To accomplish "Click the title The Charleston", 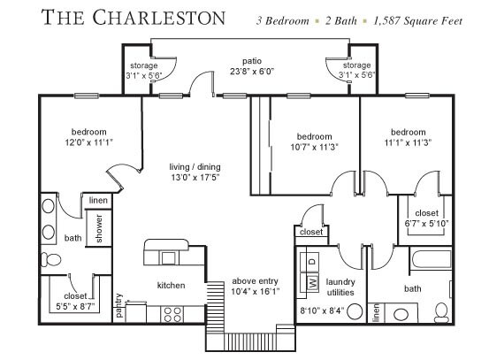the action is point(134,17).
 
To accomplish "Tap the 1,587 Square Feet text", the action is point(418,21).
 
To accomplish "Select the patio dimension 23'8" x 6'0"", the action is point(252,72).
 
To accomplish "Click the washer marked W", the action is point(313,283).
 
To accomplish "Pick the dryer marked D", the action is point(313,261).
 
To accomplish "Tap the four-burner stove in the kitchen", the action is point(172,314).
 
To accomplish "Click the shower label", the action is point(99,228).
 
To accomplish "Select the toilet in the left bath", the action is point(50,259).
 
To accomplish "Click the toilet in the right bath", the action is point(441,312).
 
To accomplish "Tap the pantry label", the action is point(118,305).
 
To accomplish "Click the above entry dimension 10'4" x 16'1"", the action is point(255,292).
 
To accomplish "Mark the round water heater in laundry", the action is point(355,311).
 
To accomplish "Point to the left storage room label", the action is point(144,65).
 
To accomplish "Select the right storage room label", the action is point(356,65).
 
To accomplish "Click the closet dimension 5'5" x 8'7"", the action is point(75,306).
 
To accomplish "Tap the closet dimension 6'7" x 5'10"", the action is point(426,224).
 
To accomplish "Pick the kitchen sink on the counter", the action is point(169,258).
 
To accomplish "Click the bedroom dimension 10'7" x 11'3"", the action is point(315,147).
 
